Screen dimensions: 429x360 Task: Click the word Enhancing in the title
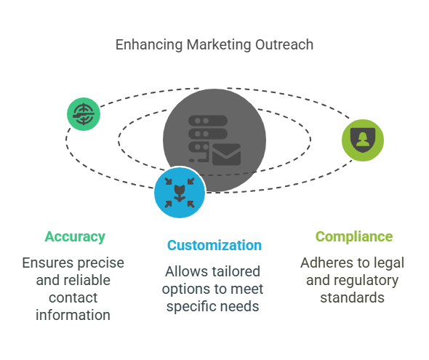point(149,45)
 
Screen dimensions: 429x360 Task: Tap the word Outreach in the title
point(284,44)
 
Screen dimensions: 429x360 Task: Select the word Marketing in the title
point(219,45)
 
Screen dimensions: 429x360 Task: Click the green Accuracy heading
point(75,237)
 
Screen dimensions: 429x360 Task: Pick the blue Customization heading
point(214,245)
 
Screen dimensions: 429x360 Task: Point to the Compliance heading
point(354,236)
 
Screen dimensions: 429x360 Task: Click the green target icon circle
point(84,114)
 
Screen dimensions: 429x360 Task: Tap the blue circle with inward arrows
point(180,192)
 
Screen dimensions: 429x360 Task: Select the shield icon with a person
point(363,140)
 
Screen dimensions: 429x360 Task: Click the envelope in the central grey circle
point(226,155)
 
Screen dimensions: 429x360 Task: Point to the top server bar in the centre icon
point(208,121)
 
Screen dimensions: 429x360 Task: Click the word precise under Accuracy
point(100,263)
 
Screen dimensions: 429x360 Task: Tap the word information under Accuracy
point(73,315)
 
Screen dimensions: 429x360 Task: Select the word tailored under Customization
point(234,272)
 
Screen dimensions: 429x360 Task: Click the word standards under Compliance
point(353,297)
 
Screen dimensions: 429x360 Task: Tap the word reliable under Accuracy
point(87,280)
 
